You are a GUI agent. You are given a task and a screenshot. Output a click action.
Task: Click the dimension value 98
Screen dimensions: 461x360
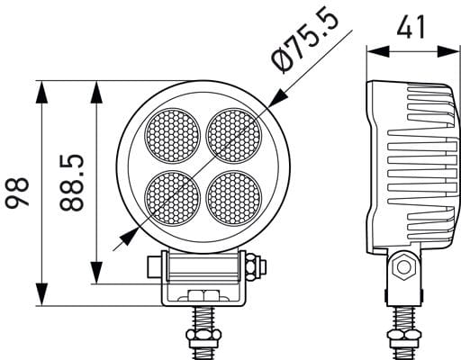(17, 193)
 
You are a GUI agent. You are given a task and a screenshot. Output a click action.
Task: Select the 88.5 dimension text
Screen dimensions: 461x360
(71, 182)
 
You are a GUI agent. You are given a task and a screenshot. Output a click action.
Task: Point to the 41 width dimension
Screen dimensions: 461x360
(411, 27)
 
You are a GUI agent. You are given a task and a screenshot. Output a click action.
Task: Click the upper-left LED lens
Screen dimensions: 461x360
(173, 136)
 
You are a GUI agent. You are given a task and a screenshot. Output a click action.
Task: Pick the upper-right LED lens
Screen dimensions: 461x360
(234, 136)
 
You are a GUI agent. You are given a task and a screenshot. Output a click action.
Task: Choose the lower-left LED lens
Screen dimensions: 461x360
(173, 198)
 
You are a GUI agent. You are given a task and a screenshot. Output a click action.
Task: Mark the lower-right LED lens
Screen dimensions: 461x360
(234, 198)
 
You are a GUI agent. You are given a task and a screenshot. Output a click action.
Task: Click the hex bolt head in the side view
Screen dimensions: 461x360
(403, 266)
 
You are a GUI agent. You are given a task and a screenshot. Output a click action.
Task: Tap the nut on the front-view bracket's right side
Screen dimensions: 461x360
(251, 266)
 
